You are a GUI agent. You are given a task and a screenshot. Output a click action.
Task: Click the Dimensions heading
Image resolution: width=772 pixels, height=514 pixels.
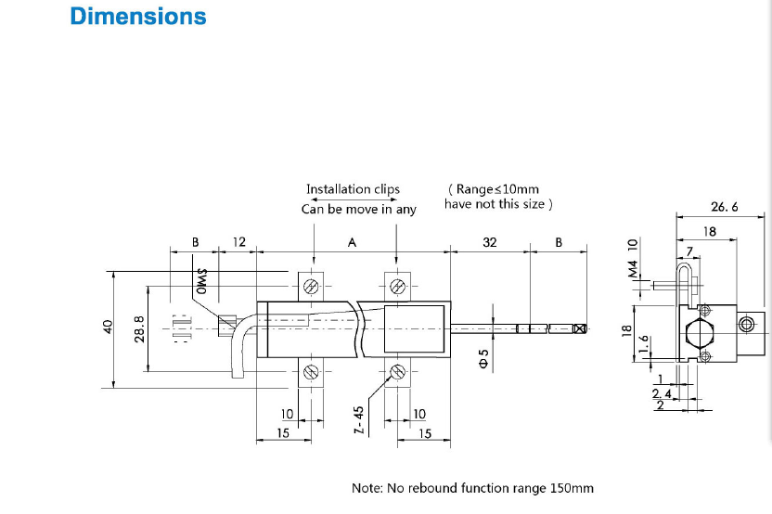coord(138,17)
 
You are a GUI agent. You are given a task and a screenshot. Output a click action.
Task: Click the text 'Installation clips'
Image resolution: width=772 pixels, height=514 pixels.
coord(353,189)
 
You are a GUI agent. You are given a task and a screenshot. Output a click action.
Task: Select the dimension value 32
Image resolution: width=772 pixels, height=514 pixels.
coord(490,242)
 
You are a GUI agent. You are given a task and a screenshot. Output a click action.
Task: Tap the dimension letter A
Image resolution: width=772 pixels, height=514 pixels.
coord(353,242)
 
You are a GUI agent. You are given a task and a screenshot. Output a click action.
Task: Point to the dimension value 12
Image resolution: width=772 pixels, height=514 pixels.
coord(238,242)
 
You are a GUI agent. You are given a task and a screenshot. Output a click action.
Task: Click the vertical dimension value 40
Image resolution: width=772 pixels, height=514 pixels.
coord(107,327)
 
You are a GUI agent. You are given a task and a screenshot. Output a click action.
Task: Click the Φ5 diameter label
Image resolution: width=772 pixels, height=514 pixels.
coord(482,358)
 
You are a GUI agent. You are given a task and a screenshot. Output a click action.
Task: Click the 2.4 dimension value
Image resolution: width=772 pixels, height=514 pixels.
coord(663,394)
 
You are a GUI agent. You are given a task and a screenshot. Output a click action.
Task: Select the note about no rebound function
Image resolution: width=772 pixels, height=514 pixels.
coord(472,488)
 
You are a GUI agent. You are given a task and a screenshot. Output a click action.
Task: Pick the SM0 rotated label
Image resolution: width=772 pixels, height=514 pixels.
coord(200,280)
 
